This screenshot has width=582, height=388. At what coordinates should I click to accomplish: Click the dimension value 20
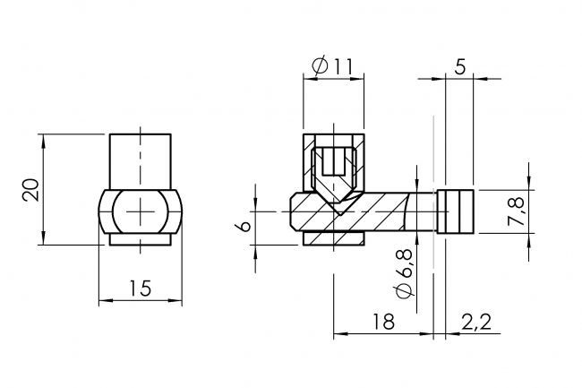30,189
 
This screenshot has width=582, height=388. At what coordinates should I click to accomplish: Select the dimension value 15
140,288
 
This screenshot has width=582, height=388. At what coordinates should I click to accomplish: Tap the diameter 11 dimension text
334,65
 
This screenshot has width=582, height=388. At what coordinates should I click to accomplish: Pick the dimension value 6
241,225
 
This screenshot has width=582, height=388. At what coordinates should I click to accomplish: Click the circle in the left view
140,211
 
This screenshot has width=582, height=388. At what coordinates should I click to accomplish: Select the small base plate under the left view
140,239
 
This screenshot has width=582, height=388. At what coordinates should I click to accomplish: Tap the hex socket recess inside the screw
334,162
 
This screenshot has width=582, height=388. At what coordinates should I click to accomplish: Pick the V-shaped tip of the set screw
334,206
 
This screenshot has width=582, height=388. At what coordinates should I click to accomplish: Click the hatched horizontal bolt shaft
376,211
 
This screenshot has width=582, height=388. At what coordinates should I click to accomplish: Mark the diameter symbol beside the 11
319,65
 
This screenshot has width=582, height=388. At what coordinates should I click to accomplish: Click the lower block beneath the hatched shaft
334,238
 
